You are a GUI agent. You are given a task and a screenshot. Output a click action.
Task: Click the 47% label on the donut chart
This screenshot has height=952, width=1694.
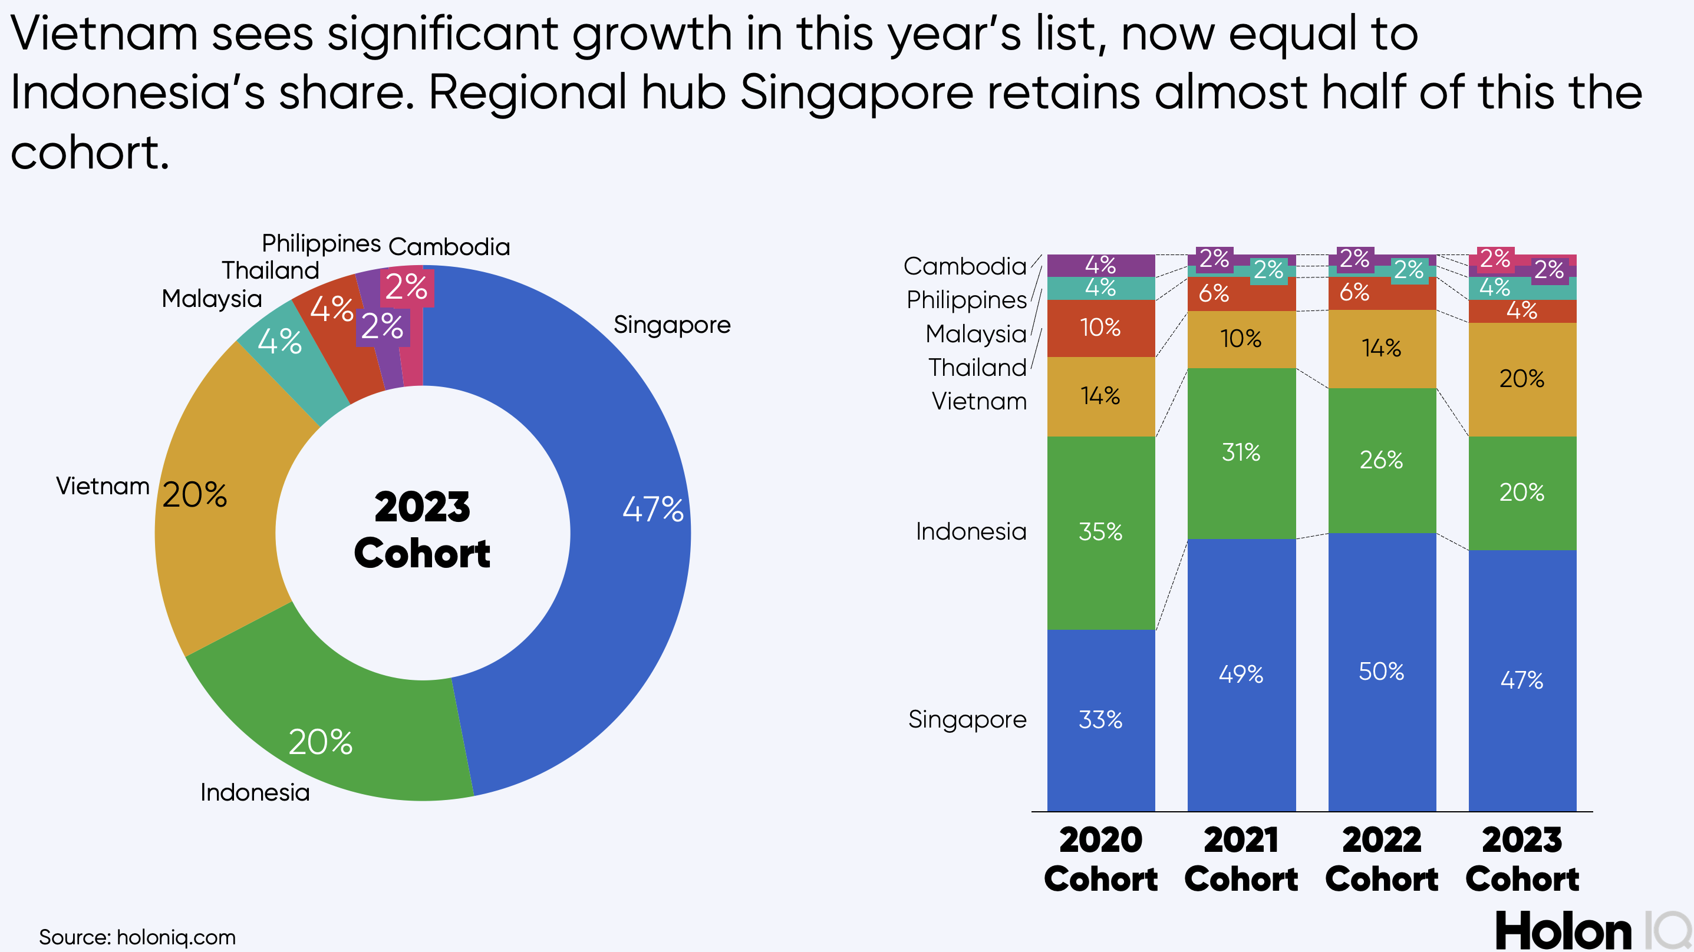pos(652,509)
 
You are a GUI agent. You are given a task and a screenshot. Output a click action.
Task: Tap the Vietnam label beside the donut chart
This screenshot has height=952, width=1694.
pos(103,487)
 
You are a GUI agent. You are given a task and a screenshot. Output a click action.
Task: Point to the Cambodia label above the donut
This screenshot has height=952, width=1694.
pos(449,247)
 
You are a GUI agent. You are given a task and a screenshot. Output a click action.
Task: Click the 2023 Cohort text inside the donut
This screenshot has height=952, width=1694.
pos(422,530)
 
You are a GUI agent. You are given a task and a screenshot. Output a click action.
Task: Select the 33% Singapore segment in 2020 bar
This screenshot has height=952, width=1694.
pos(1100,719)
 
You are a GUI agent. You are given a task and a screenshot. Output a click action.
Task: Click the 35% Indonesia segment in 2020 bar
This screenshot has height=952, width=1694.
pos(1100,531)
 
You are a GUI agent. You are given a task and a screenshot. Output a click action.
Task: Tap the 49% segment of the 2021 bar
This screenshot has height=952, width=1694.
pos(1241,674)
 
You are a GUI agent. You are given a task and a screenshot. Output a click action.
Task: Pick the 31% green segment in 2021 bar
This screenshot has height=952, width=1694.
pos(1241,452)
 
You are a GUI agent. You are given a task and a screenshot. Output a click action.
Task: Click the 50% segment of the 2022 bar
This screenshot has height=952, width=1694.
pos(1381,671)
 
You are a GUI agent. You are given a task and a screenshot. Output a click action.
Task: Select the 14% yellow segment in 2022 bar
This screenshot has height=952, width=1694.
pos(1381,348)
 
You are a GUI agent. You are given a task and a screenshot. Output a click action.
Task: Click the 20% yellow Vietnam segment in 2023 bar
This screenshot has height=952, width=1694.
pos(1522,379)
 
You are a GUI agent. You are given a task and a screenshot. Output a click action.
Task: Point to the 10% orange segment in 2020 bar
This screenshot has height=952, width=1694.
pos(1100,328)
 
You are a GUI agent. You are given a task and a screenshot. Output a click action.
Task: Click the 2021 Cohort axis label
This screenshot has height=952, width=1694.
pos(1241,860)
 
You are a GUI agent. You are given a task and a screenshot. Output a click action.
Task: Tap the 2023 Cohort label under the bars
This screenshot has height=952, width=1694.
pos(1522,860)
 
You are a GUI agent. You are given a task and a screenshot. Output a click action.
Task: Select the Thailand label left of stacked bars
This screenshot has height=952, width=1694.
pos(977,368)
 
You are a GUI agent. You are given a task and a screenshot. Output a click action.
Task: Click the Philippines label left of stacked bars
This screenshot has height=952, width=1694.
pos(966,300)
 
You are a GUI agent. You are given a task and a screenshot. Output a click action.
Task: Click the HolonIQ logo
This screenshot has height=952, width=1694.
pos(1591,930)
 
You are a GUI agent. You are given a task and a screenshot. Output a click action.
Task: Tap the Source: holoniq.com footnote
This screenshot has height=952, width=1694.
pos(137,937)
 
